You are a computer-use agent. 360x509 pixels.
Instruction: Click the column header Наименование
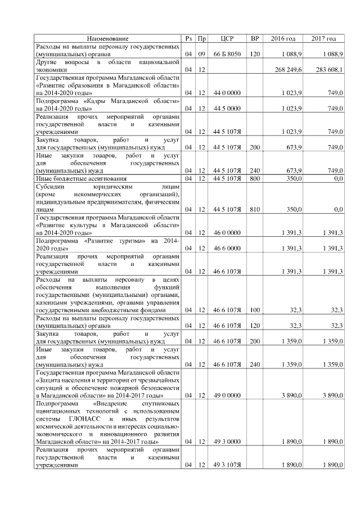click(x=107, y=38)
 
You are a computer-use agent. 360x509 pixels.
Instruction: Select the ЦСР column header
click(x=227, y=38)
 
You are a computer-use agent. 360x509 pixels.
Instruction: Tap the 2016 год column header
click(x=283, y=38)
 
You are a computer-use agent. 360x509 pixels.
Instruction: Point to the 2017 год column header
click(x=323, y=38)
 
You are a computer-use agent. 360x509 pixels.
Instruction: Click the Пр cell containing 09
click(x=201, y=53)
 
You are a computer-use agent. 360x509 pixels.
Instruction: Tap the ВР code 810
click(x=254, y=209)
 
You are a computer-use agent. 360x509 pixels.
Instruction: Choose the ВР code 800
click(x=254, y=178)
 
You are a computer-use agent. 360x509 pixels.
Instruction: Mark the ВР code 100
click(x=254, y=309)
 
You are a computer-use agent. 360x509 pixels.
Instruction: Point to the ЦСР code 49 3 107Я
click(x=227, y=466)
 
